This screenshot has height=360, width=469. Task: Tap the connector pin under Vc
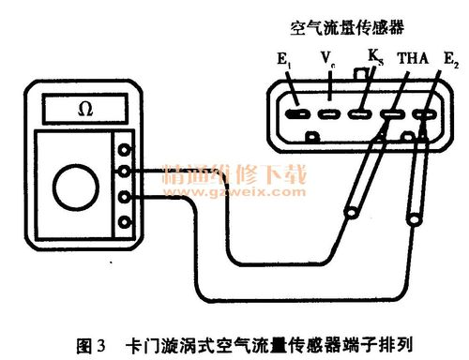coord(329,115)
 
